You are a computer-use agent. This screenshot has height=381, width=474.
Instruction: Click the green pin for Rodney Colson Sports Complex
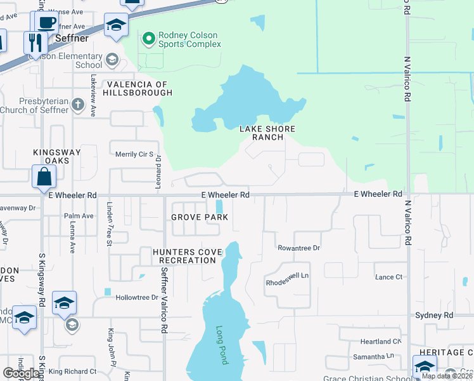pos(149,39)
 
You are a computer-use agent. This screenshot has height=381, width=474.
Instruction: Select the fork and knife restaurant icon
pos(35,43)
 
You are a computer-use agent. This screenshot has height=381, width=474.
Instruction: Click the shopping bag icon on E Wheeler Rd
pos(44,178)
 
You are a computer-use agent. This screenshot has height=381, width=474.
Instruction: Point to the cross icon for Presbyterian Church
pos(78,105)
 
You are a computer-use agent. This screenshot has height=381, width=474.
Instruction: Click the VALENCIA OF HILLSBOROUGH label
pos(139,89)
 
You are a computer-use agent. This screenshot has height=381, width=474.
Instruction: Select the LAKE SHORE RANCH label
pos(267,133)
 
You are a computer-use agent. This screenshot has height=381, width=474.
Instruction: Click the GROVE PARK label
pos(198,217)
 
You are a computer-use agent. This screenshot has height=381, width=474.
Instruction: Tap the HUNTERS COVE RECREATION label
pos(188,257)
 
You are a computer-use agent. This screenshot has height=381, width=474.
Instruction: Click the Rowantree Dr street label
pos(298,248)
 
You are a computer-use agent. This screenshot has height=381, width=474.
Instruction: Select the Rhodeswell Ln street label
pos(286,276)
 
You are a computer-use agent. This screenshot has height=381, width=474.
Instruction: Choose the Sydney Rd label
pos(434,316)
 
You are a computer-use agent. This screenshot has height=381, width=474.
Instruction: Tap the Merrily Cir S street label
pos(134,154)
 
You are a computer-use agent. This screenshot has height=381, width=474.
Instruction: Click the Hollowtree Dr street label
pos(136,297)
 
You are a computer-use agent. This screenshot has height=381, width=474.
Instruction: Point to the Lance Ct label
pos(388,277)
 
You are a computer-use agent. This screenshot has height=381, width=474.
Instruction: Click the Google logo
pos(21,373)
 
